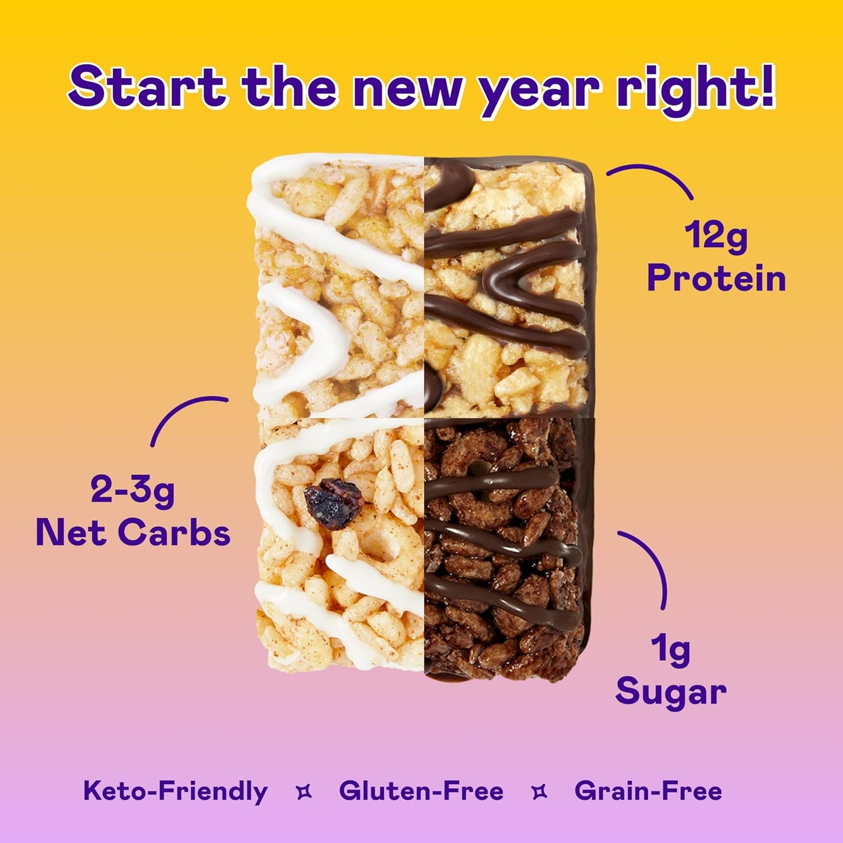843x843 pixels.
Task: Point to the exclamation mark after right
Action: point(765,86)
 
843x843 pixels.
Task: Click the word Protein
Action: point(716,278)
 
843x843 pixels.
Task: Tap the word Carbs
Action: point(174,533)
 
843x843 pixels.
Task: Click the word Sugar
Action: point(671,692)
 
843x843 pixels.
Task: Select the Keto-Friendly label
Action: point(175,792)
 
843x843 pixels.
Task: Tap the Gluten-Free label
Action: point(421,792)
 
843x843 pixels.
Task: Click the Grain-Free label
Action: point(648,792)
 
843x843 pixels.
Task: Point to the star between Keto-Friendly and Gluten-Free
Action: point(304,792)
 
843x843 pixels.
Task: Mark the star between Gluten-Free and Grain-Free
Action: point(540,792)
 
